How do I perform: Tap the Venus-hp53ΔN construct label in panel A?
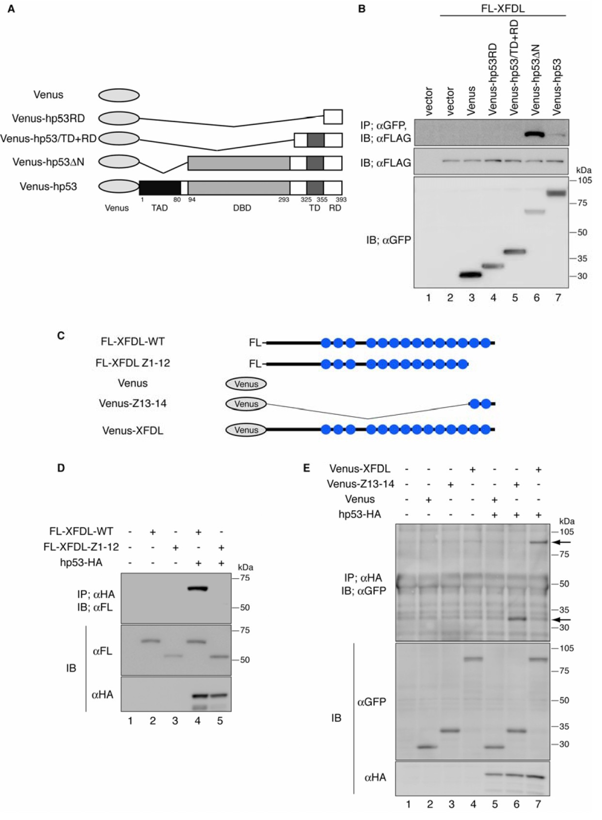click(48, 162)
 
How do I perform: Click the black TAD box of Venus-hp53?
click(159, 187)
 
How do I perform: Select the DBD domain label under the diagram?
click(242, 208)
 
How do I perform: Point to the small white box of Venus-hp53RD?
click(333, 117)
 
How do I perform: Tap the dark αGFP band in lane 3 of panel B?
click(471, 275)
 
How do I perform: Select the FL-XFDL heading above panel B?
click(503, 8)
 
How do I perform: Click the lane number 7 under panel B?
click(558, 298)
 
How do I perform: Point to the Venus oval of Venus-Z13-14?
click(246, 404)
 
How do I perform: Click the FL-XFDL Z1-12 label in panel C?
click(132, 363)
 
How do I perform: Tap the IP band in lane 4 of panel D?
click(197, 589)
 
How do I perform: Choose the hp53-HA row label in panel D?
click(81, 562)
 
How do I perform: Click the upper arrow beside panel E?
click(563, 542)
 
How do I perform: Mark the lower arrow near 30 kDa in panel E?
click(563, 619)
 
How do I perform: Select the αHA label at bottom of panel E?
click(375, 777)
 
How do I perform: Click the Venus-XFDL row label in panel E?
click(360, 469)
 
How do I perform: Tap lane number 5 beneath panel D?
click(220, 721)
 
